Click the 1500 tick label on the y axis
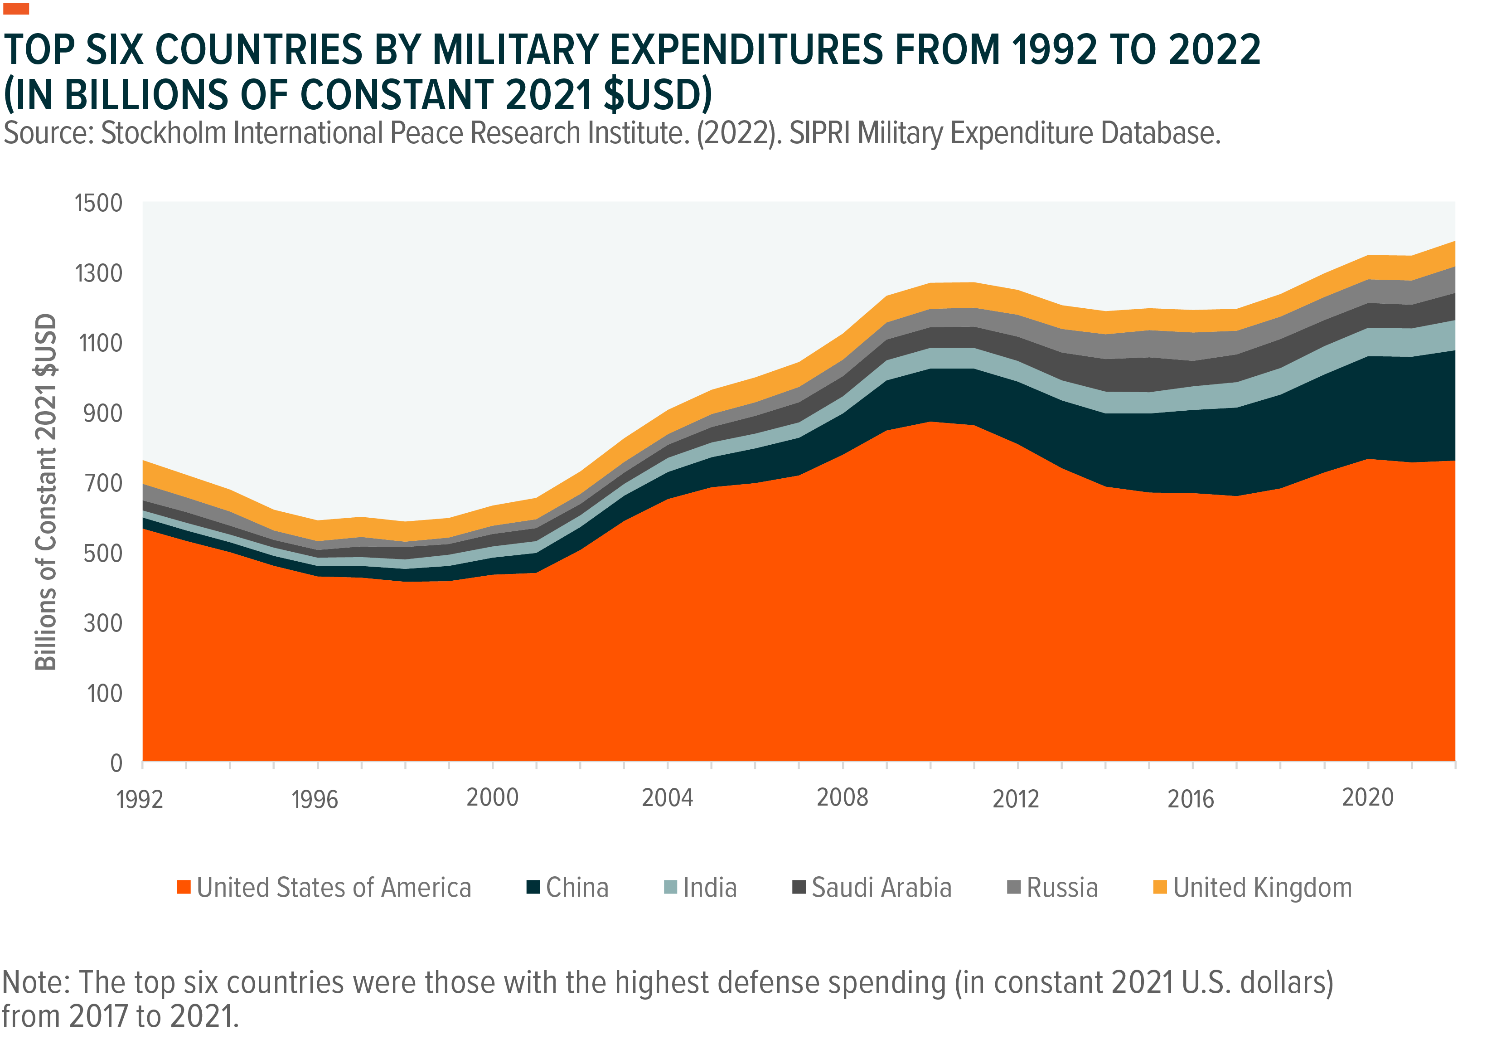tap(99, 204)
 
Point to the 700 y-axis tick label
tap(103, 484)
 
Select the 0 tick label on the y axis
tap(116, 763)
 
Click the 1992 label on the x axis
tap(140, 800)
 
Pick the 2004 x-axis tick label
tap(667, 798)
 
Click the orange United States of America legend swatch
tap(184, 887)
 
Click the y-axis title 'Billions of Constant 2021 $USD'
tap(46, 492)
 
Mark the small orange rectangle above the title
tap(16, 9)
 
